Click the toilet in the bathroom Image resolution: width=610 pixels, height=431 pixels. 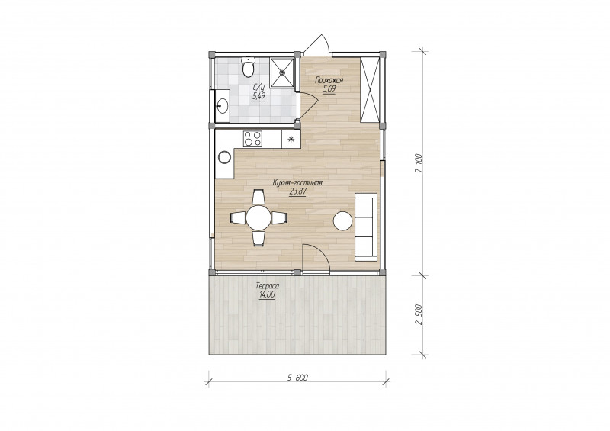tap(248, 67)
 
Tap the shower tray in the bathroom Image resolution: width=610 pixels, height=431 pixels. tap(282, 72)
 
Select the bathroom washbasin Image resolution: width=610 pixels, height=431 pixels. tap(222, 105)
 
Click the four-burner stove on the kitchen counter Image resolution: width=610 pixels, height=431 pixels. tap(252, 139)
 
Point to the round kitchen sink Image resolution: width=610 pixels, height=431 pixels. tap(224, 156)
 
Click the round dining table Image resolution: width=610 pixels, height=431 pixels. tap(258, 217)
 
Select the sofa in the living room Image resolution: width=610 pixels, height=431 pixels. tap(366, 227)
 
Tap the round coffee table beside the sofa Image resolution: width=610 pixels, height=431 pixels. tap(342, 220)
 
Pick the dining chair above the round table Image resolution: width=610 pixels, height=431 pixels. tap(258, 197)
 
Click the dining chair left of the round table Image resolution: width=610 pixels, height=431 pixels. tap(238, 217)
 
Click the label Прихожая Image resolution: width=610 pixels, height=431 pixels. tap(329, 81)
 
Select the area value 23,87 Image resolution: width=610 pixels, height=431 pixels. tap(297, 191)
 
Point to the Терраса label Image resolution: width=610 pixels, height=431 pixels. tap(268, 286)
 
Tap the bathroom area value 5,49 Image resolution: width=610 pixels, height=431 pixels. tap(258, 97)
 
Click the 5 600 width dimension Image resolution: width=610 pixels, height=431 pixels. tap(297, 377)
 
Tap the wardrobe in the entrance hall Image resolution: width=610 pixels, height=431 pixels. tap(370, 89)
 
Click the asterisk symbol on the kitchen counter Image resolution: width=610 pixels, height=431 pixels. tap(291, 139)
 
